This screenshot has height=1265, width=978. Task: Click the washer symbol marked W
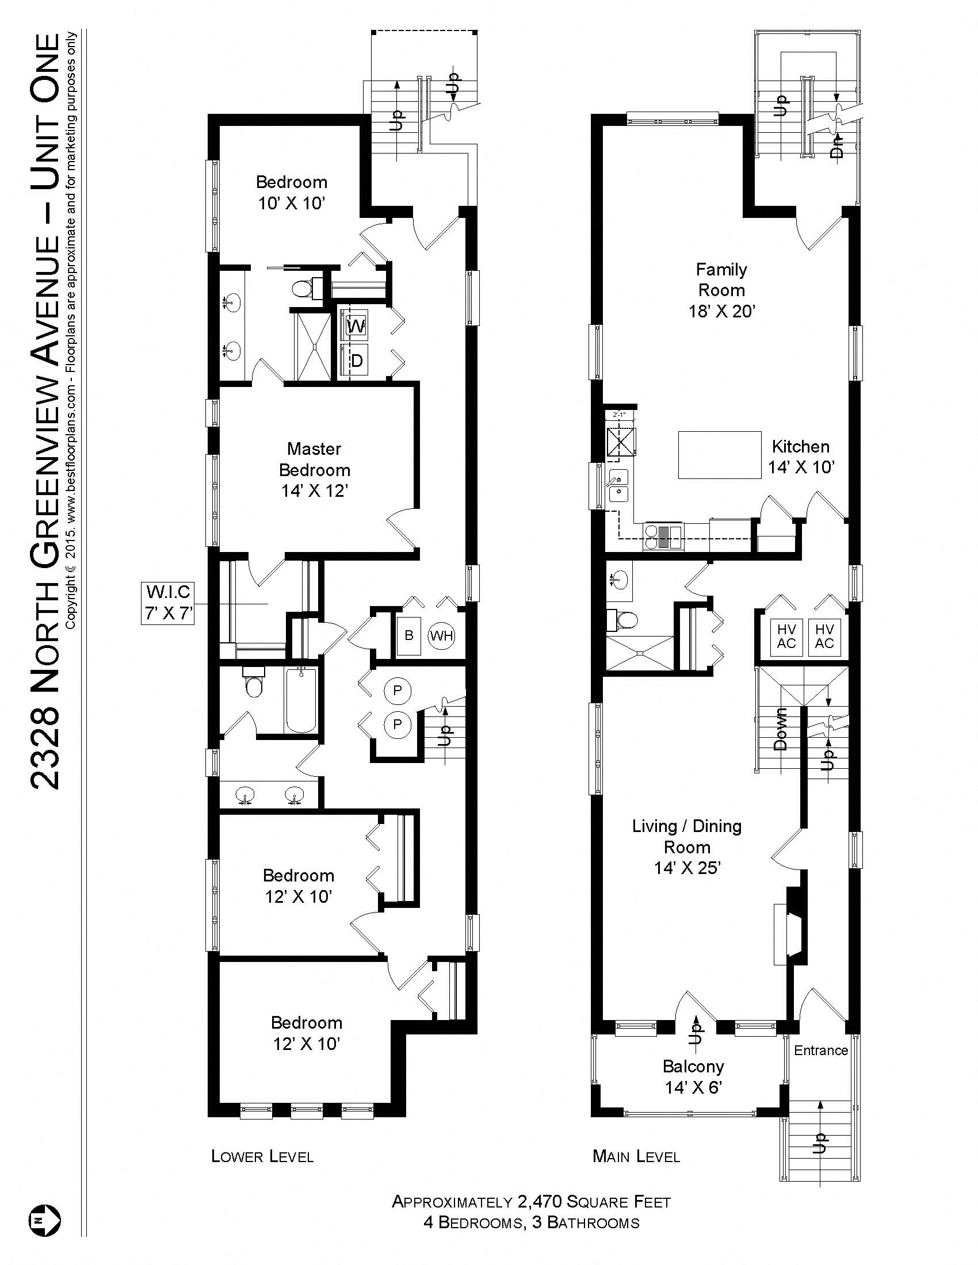(x=356, y=327)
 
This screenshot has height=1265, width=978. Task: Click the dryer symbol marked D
(x=356, y=361)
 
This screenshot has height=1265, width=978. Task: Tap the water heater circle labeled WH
(x=441, y=637)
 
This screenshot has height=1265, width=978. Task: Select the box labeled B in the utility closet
(x=409, y=636)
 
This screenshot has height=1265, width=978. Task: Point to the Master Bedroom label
(x=315, y=470)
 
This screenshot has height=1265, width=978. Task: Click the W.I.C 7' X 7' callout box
(x=167, y=603)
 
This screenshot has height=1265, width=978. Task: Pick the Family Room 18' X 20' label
(x=721, y=290)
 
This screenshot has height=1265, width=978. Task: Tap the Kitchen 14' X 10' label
(x=801, y=457)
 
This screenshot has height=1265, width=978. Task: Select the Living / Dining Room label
(x=686, y=847)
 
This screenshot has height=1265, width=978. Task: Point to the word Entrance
(x=820, y=1050)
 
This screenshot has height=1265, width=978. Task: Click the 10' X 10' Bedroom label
(x=292, y=193)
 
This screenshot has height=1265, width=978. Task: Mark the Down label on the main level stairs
(x=781, y=729)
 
